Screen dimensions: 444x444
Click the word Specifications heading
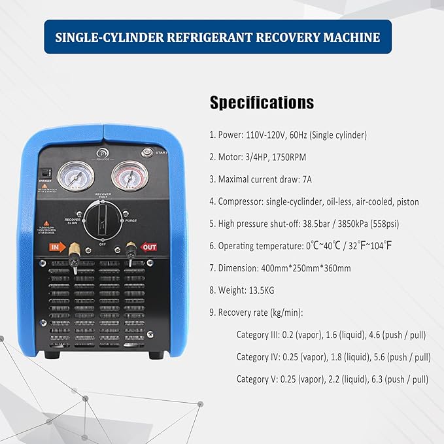pyautogui.click(x=262, y=103)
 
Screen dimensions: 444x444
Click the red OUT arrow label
pyautogui.click(x=148, y=247)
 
